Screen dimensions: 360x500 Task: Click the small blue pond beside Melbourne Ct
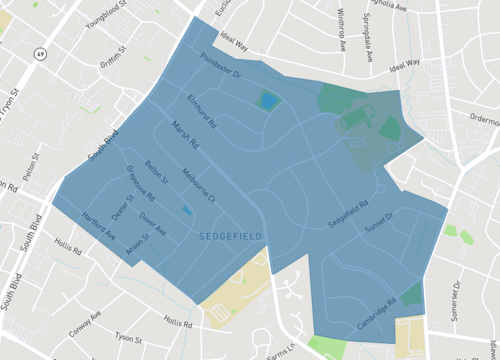click(188, 212)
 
